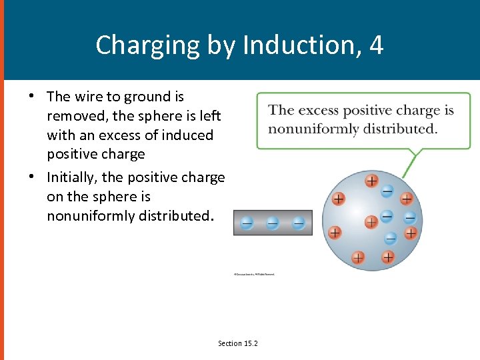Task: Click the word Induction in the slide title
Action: coord(304,45)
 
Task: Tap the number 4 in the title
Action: coord(377,45)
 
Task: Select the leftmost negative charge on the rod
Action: coord(247,223)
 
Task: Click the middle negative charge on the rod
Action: coord(272,223)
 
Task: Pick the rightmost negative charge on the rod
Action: coord(298,223)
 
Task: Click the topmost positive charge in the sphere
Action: coord(371,180)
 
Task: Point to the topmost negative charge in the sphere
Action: coord(387,191)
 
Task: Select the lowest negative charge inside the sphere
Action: coord(391,238)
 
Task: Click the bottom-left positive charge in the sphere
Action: coord(357,257)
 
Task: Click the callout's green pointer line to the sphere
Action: coord(415,161)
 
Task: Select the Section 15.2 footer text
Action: coord(237,343)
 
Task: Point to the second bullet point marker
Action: coord(32,177)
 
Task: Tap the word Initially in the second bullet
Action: coord(71,177)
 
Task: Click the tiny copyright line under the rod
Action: coord(254,273)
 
